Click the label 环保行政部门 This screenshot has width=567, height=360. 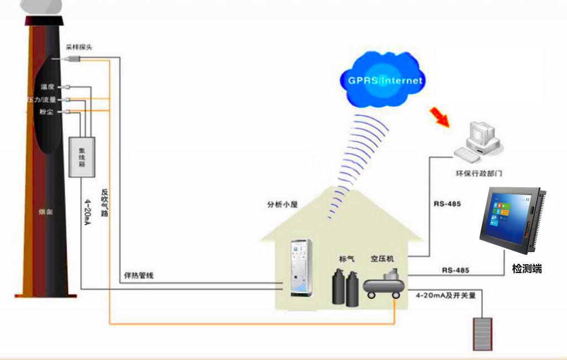pyautogui.click(x=479, y=173)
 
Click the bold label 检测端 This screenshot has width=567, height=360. pyautogui.click(x=527, y=269)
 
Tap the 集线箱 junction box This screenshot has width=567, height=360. pyautogui.click(x=81, y=157)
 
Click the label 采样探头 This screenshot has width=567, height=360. pyautogui.click(x=79, y=48)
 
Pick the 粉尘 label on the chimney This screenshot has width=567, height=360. pyautogui.click(x=47, y=112)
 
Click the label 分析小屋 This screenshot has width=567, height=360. pyautogui.click(x=282, y=204)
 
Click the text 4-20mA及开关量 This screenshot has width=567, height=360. pyautogui.click(x=446, y=296)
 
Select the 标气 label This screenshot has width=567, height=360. pyautogui.click(x=347, y=259)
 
